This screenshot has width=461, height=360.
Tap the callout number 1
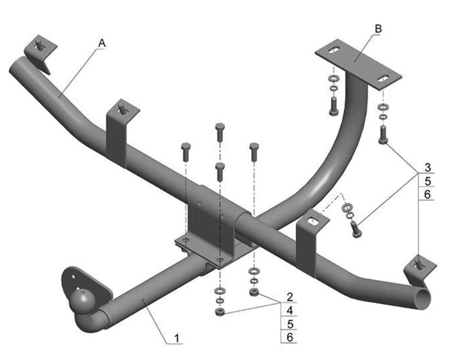pyautogui.click(x=177, y=338)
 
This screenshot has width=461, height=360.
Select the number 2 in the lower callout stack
pyautogui.click(x=290, y=298)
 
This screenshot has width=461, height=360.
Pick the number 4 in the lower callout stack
pyautogui.click(x=290, y=311)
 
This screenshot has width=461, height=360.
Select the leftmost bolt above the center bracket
pyautogui.click(x=185, y=151)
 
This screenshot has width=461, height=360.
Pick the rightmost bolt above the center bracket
pyautogui.click(x=254, y=151)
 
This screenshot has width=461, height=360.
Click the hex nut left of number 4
pyautogui.click(x=219, y=312)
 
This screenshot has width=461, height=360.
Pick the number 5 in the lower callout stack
pyautogui.click(x=290, y=325)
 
